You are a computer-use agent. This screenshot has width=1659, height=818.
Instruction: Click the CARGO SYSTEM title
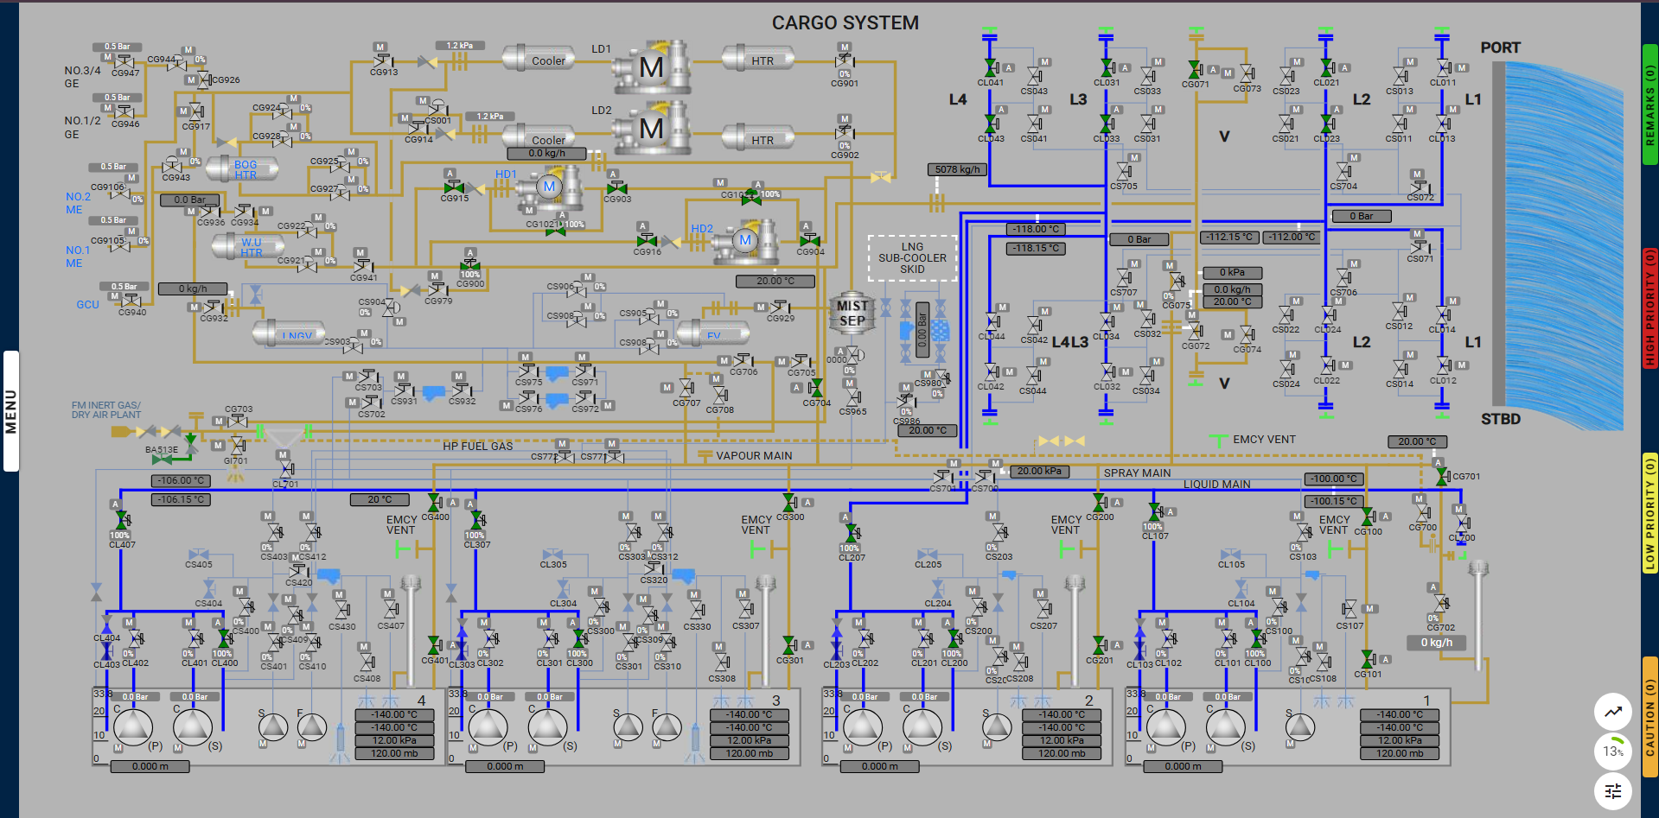[845, 23]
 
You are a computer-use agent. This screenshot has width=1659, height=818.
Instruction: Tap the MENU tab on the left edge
[11, 410]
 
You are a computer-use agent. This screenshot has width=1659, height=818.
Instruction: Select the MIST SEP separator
[852, 314]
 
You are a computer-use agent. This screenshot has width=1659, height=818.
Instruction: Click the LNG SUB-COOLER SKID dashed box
[912, 257]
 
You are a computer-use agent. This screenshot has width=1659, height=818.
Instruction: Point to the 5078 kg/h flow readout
[957, 169]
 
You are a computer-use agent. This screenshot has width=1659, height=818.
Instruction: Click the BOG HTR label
[246, 169]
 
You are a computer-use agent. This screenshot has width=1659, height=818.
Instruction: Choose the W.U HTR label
[252, 247]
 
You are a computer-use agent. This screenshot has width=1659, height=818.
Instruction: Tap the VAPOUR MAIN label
[753, 455]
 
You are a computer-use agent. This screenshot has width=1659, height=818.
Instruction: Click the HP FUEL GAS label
[477, 446]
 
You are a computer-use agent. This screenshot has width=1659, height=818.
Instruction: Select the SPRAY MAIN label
[1137, 472]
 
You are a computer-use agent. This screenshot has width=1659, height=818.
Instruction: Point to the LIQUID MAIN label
[1216, 484]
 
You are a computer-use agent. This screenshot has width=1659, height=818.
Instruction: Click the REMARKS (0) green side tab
[1649, 104]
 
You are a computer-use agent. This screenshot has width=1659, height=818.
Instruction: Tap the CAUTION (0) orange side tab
[1649, 717]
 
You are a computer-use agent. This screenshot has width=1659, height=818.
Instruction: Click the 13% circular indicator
[1612, 751]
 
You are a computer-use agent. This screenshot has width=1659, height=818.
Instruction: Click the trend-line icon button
[1612, 712]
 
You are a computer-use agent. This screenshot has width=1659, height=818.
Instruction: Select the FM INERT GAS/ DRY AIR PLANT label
[105, 409]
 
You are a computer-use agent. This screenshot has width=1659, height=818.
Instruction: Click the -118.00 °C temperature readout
[1036, 229]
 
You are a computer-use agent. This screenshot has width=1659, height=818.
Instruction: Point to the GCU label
[87, 304]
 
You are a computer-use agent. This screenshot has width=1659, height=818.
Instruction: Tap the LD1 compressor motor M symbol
[651, 67]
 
